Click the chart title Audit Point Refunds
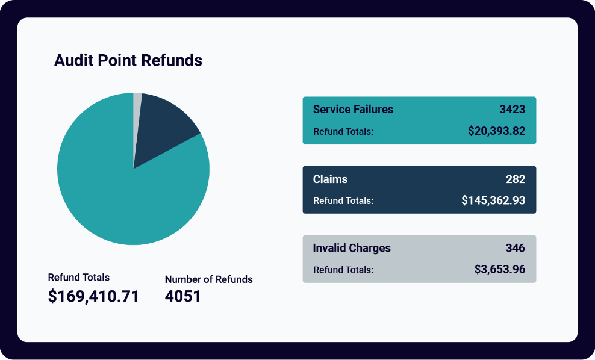[x=128, y=61]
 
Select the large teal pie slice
[x=120, y=193]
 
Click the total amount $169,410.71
[x=93, y=296]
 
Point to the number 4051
[x=182, y=296]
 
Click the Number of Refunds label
[x=208, y=279]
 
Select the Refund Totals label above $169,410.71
[x=79, y=278]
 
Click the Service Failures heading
[x=353, y=110]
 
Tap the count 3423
[x=512, y=110]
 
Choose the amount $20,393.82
[x=496, y=131]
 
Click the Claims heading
[x=330, y=179]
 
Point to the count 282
[x=516, y=179]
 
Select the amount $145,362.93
[x=493, y=200]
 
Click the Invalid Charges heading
[x=352, y=248]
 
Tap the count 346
[x=516, y=248]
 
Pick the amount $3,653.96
[x=499, y=270]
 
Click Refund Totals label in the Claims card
[x=343, y=201]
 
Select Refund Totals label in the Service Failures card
[x=343, y=132]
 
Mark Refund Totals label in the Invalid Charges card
[x=343, y=270]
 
